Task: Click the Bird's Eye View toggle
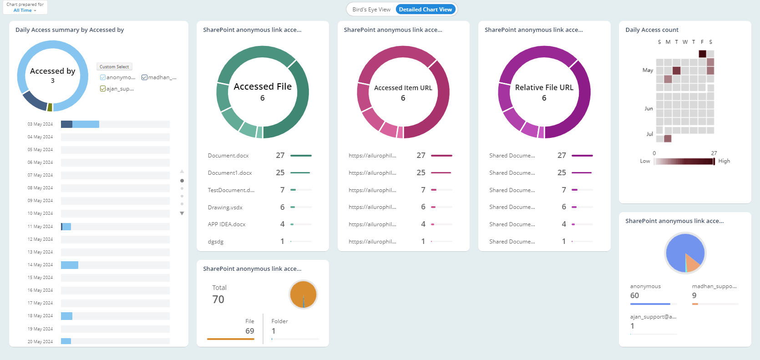coord(371,10)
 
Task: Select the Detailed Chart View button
coord(425,10)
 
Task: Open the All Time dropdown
coord(25,10)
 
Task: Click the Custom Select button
coord(114,67)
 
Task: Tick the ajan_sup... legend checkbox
coord(103,89)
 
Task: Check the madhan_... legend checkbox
coord(144,77)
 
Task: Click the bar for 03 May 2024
coord(80,124)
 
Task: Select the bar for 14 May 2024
coord(70,265)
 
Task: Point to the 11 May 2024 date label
coord(40,227)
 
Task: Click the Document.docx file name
coord(228,156)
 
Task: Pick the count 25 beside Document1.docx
coord(280,173)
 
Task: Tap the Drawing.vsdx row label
coord(225,208)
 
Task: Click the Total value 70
coord(218,299)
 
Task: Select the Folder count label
coord(279,321)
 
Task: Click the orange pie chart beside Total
coord(303,294)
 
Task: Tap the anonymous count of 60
coord(634,296)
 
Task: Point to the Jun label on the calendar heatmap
coord(649,109)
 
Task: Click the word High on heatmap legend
coord(724,161)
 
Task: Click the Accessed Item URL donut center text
coord(403,88)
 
